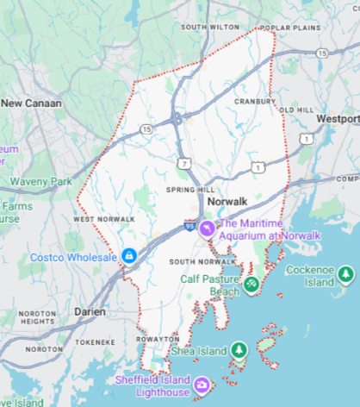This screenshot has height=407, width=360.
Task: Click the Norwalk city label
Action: coord(227,197)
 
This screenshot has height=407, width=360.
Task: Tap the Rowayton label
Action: coord(157,339)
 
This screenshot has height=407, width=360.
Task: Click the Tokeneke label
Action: coord(95,341)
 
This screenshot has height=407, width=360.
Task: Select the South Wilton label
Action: coord(209,27)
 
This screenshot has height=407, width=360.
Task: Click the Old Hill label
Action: coord(296,110)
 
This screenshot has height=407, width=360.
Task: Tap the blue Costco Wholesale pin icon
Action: coord(128,256)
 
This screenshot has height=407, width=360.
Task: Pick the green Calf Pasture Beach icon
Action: coord(251,283)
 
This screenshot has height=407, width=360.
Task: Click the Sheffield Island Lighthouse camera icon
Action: coord(200,385)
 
